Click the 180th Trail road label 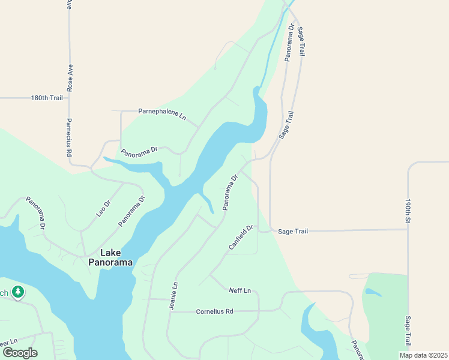point(46,98)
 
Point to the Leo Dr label point(104,208)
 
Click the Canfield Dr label point(241,237)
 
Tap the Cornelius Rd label point(214,311)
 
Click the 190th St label point(408,212)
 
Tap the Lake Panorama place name point(111,257)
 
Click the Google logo point(20,353)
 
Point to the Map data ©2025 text point(423,355)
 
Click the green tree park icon point(19,292)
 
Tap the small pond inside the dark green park point(372,293)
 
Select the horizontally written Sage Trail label point(293,231)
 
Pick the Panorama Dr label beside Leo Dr point(132,211)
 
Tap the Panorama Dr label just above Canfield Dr point(231,192)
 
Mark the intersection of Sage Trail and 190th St point(408,229)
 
